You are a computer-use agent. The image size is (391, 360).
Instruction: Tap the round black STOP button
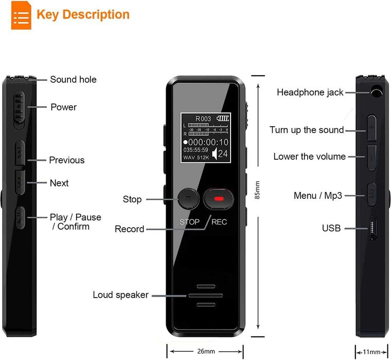point(189,199)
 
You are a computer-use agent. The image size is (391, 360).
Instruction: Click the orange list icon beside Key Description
point(21,15)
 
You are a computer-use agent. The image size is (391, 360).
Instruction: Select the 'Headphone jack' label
point(310,92)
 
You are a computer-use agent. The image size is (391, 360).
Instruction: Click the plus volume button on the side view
point(372,127)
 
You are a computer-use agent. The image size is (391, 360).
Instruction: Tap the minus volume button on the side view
point(372,156)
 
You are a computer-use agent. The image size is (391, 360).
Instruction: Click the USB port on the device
point(373,228)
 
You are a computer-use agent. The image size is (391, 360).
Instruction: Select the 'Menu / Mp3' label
point(317,196)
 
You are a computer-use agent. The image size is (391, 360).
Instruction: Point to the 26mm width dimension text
point(206,351)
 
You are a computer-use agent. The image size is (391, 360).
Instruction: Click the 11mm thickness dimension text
point(371,352)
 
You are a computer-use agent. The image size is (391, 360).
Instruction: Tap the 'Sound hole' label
point(73,79)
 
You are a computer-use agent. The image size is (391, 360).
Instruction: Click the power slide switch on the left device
point(20,108)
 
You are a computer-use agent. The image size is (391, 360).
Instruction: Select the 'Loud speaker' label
point(120,295)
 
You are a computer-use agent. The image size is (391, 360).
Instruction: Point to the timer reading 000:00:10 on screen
point(206,142)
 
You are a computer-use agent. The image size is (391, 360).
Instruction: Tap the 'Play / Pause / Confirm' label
point(75,222)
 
